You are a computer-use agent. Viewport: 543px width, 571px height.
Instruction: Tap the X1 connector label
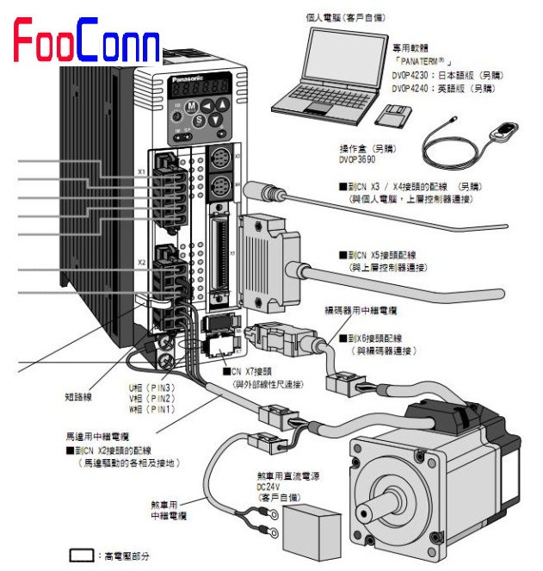(141, 172)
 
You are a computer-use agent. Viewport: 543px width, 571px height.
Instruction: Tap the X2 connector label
(141, 261)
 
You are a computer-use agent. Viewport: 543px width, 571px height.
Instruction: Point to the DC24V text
(268, 486)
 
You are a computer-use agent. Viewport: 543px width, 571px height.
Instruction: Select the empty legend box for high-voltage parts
(81, 556)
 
